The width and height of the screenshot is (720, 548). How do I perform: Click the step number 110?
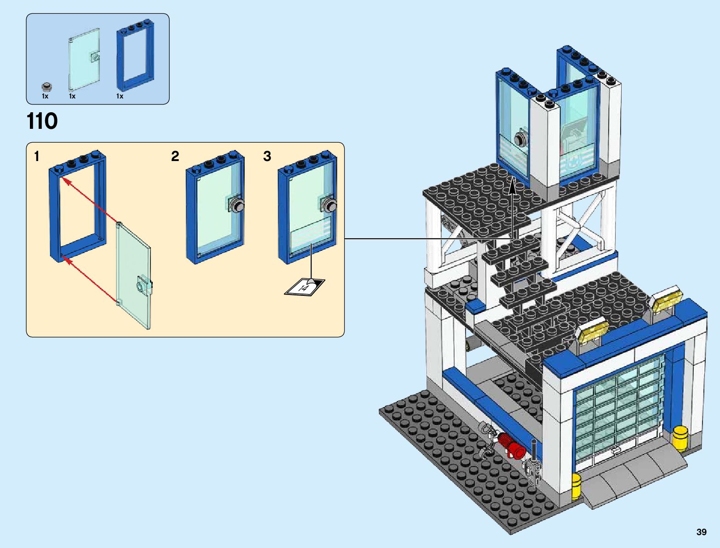click(42, 121)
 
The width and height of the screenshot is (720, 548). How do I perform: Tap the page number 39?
click(701, 532)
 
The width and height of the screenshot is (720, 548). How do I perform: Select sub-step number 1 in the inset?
click(37, 157)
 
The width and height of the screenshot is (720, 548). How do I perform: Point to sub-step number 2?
click(175, 156)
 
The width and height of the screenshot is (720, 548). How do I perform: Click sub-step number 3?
click(267, 156)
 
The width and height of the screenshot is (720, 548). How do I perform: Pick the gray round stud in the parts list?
click(46, 87)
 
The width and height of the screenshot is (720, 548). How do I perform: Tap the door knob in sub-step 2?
click(237, 206)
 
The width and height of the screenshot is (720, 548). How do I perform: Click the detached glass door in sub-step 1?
click(133, 276)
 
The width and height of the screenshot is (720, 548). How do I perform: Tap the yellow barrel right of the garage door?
click(680, 438)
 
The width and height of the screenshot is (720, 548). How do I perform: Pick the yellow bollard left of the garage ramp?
click(576, 487)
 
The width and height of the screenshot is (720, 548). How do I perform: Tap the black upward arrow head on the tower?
click(513, 185)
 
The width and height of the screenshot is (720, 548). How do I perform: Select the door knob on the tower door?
click(522, 139)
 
